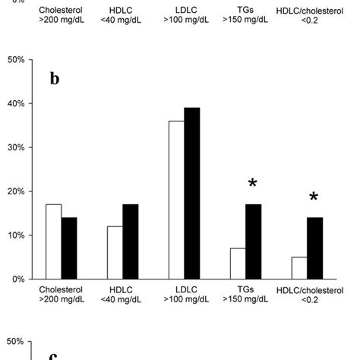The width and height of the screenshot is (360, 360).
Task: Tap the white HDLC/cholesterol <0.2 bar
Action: coord(299,268)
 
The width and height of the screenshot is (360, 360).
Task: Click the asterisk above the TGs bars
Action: coord(252,185)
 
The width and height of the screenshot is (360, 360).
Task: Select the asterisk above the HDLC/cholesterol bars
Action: coord(314,198)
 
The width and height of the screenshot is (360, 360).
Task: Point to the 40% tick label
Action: coord(17,103)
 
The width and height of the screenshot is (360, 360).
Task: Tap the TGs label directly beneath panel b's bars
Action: coord(245,289)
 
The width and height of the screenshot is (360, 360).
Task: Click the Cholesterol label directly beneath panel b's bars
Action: coord(62,289)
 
